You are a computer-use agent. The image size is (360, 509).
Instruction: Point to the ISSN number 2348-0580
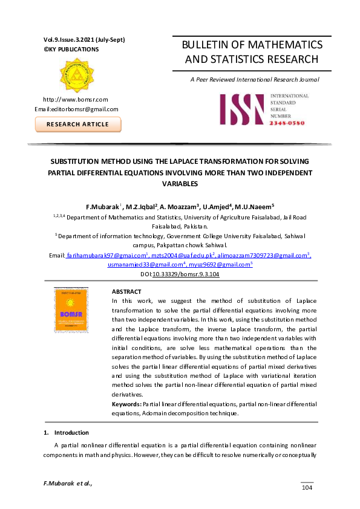[x=287, y=123]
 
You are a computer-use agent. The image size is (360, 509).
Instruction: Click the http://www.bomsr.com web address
[x=75, y=99]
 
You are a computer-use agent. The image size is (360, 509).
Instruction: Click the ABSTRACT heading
[x=126, y=291]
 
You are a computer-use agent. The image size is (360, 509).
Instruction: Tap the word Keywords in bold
[x=126, y=403]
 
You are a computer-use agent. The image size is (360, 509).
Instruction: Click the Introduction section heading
[x=71, y=433]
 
